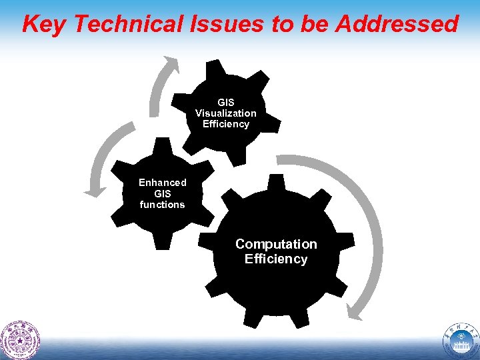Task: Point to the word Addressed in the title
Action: (x=397, y=24)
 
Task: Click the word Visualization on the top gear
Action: (x=225, y=113)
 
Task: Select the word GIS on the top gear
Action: (x=225, y=103)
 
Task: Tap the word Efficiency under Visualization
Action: (x=225, y=124)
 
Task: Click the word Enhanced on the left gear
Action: (x=162, y=183)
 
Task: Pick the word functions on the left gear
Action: (x=162, y=205)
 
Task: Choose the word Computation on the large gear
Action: (x=276, y=244)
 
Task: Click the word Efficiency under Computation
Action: (x=276, y=259)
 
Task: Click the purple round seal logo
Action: (x=20, y=339)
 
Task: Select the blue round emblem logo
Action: (x=460, y=339)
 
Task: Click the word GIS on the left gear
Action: (x=162, y=194)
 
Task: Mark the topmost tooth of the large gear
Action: (x=275, y=181)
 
